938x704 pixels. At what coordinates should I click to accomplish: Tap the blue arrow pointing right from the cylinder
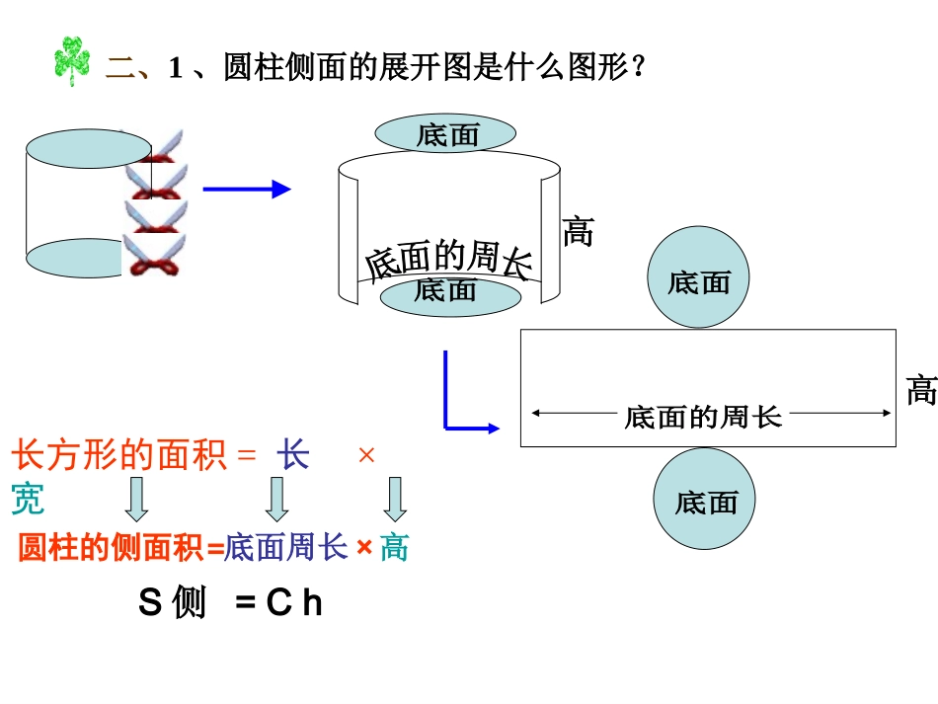click(247, 190)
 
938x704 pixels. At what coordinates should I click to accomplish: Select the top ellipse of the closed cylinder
click(88, 149)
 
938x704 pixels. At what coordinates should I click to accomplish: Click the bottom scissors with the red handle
click(153, 255)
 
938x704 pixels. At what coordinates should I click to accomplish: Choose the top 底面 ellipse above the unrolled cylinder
click(446, 134)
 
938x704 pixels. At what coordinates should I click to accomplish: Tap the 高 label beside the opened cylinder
click(578, 232)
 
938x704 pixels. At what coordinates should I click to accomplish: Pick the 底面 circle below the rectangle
click(705, 501)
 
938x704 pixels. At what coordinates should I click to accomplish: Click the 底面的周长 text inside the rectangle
click(703, 417)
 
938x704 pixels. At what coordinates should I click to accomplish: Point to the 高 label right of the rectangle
click(921, 391)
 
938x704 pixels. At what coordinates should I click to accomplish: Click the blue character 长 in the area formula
click(292, 456)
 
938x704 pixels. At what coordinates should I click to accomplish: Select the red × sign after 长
click(366, 456)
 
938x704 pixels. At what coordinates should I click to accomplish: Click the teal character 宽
click(28, 500)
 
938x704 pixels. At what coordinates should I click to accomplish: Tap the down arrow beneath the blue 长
click(276, 499)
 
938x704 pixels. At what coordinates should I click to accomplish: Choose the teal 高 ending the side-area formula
click(394, 547)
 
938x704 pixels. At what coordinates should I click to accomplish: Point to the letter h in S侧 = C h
click(312, 602)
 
